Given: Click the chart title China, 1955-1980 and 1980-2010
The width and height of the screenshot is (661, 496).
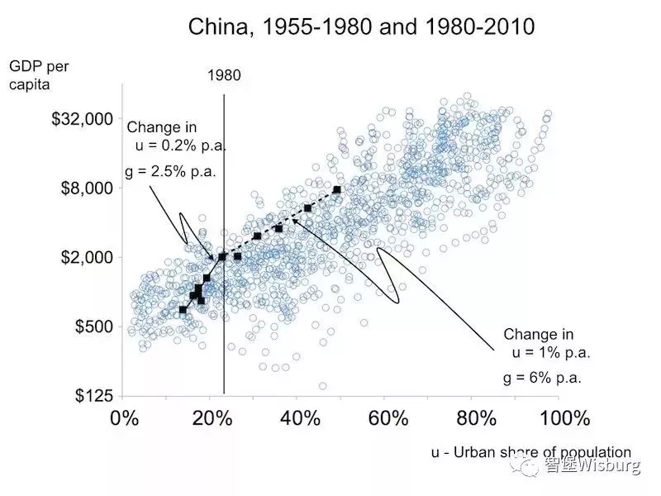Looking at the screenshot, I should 362,26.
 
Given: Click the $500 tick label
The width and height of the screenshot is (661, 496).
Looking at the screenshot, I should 92,327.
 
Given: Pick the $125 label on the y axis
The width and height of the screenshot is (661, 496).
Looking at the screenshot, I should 92,396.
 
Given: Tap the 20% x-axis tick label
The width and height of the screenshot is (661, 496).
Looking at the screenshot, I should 211,417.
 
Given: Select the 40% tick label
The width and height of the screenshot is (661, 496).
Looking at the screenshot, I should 298,417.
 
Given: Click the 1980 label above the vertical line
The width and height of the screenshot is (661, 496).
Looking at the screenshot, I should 224,75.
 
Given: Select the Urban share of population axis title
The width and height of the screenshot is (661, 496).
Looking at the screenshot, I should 530,452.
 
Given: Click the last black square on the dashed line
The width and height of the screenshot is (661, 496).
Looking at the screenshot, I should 337,190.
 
